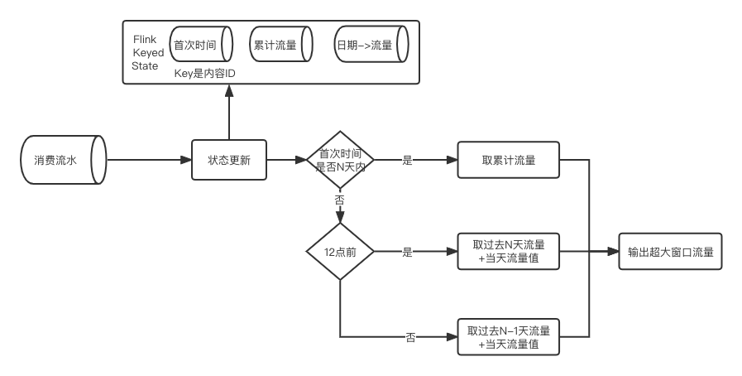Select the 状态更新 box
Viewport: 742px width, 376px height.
pyautogui.click(x=229, y=160)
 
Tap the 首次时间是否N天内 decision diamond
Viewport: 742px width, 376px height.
pyautogui.click(x=340, y=159)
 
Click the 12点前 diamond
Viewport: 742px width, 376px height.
pyautogui.click(x=340, y=252)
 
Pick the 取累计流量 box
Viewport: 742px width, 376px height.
pyautogui.click(x=508, y=160)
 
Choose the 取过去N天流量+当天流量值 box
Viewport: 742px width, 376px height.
pyautogui.click(x=508, y=252)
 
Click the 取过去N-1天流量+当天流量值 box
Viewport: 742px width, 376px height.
pyautogui.click(x=508, y=337)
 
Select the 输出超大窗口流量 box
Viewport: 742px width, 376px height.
pyautogui.click(x=670, y=252)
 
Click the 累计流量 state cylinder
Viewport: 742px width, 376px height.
pyautogui.click(x=279, y=45)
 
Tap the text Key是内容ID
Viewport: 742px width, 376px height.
pyautogui.click(x=205, y=73)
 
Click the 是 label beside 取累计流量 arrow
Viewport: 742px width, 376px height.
pyautogui.click(x=407, y=160)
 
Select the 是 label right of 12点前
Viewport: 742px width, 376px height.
pyautogui.click(x=407, y=252)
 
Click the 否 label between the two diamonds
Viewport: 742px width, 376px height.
pyautogui.click(x=340, y=200)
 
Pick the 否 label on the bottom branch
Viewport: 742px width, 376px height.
pyautogui.click(x=411, y=337)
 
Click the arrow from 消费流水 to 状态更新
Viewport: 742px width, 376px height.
pyautogui.click(x=149, y=160)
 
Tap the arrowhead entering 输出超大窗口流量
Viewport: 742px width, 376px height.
pyautogui.click(x=615, y=252)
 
